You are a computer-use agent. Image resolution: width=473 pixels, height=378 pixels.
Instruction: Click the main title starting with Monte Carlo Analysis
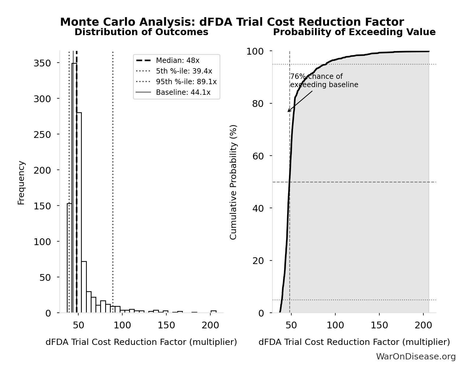pos(232,22)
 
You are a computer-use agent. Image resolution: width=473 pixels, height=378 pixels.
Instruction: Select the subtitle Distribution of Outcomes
pos(141,32)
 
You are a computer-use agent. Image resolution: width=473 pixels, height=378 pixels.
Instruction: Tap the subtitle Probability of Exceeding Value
pos(354,32)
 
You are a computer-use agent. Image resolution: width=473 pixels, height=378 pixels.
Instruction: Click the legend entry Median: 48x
pos(178,61)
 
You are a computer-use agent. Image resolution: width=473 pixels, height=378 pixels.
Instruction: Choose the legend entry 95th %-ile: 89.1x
pos(186,82)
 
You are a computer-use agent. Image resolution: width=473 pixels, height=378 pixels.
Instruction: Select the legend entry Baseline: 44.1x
pos(183,92)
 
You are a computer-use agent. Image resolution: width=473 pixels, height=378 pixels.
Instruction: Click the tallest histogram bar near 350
pos(74,189)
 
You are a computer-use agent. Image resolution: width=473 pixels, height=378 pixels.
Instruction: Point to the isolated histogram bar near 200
pos(213,312)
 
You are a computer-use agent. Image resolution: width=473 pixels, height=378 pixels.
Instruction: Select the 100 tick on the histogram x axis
pos(122,325)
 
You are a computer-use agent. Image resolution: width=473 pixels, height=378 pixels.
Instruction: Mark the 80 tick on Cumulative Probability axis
pos(258,104)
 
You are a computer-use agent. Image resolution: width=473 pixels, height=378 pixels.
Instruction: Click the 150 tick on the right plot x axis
pos(379,325)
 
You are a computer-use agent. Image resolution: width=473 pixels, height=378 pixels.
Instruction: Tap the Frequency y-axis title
pos(21,183)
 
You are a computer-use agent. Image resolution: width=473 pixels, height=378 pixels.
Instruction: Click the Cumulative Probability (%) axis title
pos(233,182)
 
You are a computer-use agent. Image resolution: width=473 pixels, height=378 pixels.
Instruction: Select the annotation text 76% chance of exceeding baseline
pos(324,81)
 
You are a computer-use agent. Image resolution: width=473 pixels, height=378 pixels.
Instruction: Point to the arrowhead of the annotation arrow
pos(288,111)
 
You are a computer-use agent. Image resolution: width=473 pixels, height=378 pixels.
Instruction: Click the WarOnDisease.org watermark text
pos(416,357)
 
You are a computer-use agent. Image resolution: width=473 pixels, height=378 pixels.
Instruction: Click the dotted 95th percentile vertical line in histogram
pos(113,177)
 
